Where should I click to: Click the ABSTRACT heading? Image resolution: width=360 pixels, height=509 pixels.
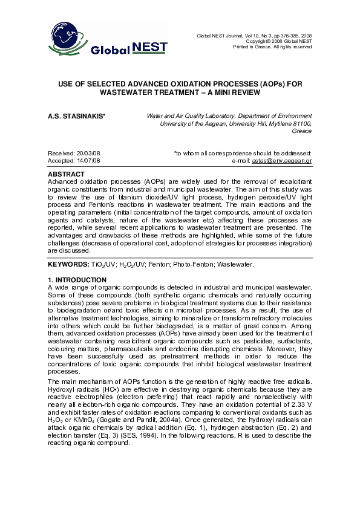pyautogui.click(x=65, y=173)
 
